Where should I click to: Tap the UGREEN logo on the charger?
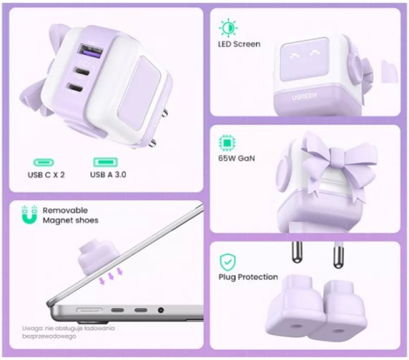point(304,96)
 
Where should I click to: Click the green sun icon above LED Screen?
point(228,27)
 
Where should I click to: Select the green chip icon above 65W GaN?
point(227,143)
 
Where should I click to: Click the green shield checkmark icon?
point(227,262)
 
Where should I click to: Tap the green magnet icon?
point(29,215)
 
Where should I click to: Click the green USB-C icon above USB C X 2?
point(43,162)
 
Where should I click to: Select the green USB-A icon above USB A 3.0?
point(105,162)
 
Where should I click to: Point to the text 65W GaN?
point(237,159)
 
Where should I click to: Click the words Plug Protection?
point(248,277)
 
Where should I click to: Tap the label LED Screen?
point(239,44)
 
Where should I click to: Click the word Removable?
point(65,211)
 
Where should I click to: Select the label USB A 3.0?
point(108,175)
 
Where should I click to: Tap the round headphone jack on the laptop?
point(161,310)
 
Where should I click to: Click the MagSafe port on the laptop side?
point(89,310)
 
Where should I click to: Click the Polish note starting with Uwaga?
point(69,332)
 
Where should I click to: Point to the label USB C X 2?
point(47,175)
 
